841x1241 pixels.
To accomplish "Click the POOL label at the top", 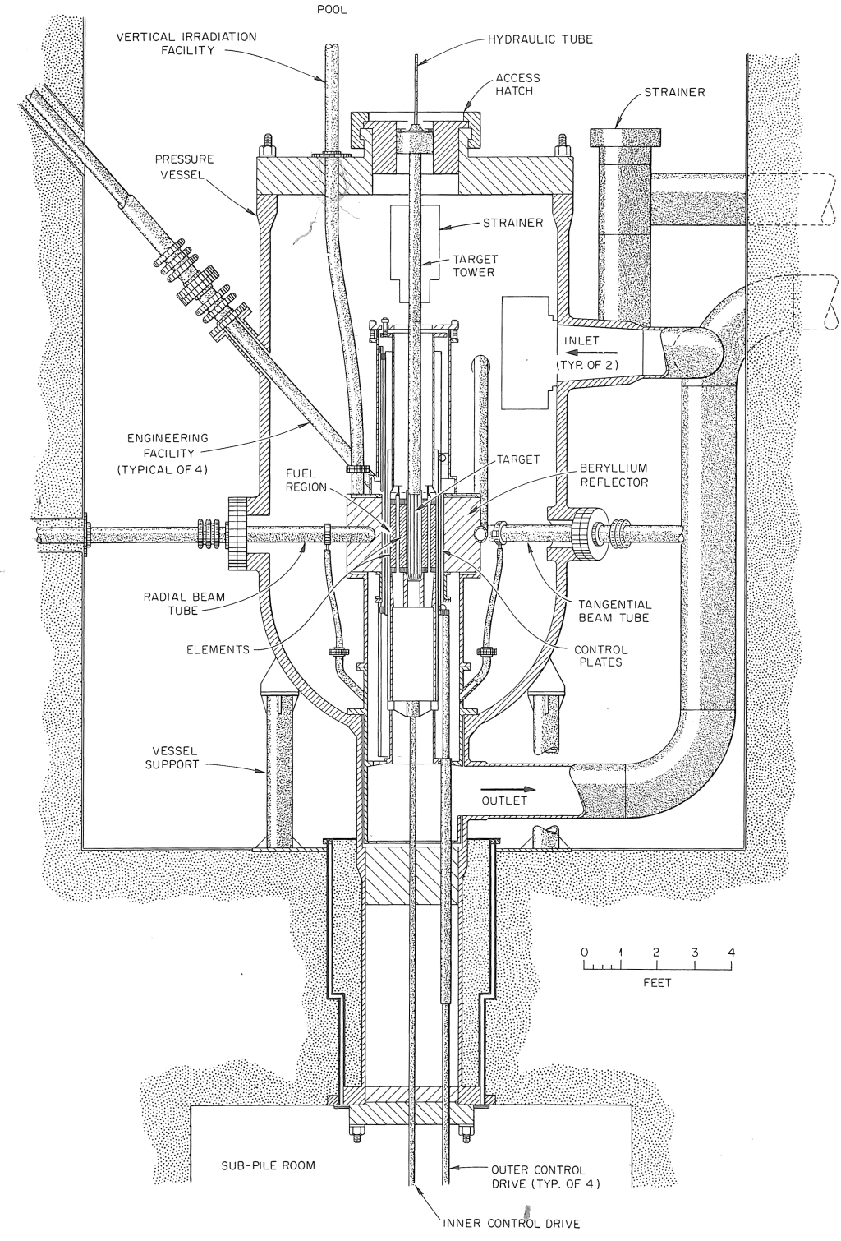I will pyautogui.click(x=334, y=12).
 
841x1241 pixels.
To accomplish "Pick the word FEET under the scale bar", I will pyautogui.click(x=658, y=984).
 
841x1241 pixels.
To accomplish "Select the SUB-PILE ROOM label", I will pyautogui.click(x=269, y=1165).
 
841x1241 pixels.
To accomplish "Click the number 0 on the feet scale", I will pyautogui.click(x=585, y=953).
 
